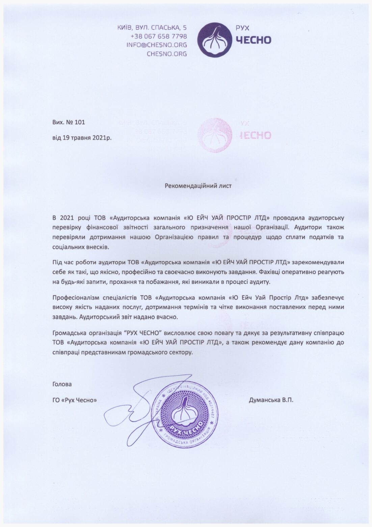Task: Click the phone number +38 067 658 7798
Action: (159, 36)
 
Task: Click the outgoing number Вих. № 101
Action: (69, 122)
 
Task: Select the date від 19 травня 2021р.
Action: (81, 138)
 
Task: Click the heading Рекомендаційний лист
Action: (198, 186)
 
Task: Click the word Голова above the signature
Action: (62, 384)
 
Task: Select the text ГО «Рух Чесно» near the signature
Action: (75, 400)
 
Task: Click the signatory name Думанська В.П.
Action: (271, 400)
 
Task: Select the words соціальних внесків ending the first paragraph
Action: (81, 247)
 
